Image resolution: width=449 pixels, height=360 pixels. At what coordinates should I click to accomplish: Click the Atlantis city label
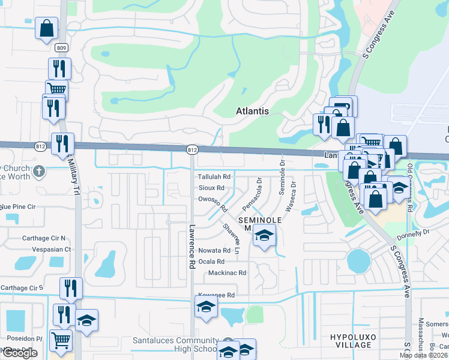252,111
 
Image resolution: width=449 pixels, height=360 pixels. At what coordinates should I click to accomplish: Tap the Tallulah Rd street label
214,177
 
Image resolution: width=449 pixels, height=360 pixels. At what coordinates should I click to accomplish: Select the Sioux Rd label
211,188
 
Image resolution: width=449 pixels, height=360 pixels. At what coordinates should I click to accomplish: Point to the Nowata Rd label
214,250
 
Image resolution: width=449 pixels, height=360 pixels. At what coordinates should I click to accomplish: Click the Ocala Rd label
211,262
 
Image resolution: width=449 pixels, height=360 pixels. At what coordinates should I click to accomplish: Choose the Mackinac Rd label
227,273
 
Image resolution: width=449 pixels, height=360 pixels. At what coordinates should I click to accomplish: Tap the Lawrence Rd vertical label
192,247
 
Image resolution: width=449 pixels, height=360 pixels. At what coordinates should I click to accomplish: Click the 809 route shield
62,47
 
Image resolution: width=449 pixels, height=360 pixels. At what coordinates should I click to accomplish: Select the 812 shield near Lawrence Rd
192,149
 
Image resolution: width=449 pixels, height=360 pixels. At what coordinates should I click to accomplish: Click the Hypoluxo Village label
354,341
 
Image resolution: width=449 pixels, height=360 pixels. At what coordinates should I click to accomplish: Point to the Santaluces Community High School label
175,344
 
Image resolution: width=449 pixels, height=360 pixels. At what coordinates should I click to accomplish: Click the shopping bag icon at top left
46,28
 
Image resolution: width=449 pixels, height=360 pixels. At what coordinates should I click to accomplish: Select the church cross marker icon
39,171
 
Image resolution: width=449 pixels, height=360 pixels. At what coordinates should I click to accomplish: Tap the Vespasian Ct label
47,249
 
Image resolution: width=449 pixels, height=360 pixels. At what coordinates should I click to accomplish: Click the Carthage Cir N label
43,238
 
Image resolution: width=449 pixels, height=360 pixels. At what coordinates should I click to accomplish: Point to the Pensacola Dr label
252,193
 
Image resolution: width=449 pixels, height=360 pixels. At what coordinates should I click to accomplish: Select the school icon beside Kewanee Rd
205,307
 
